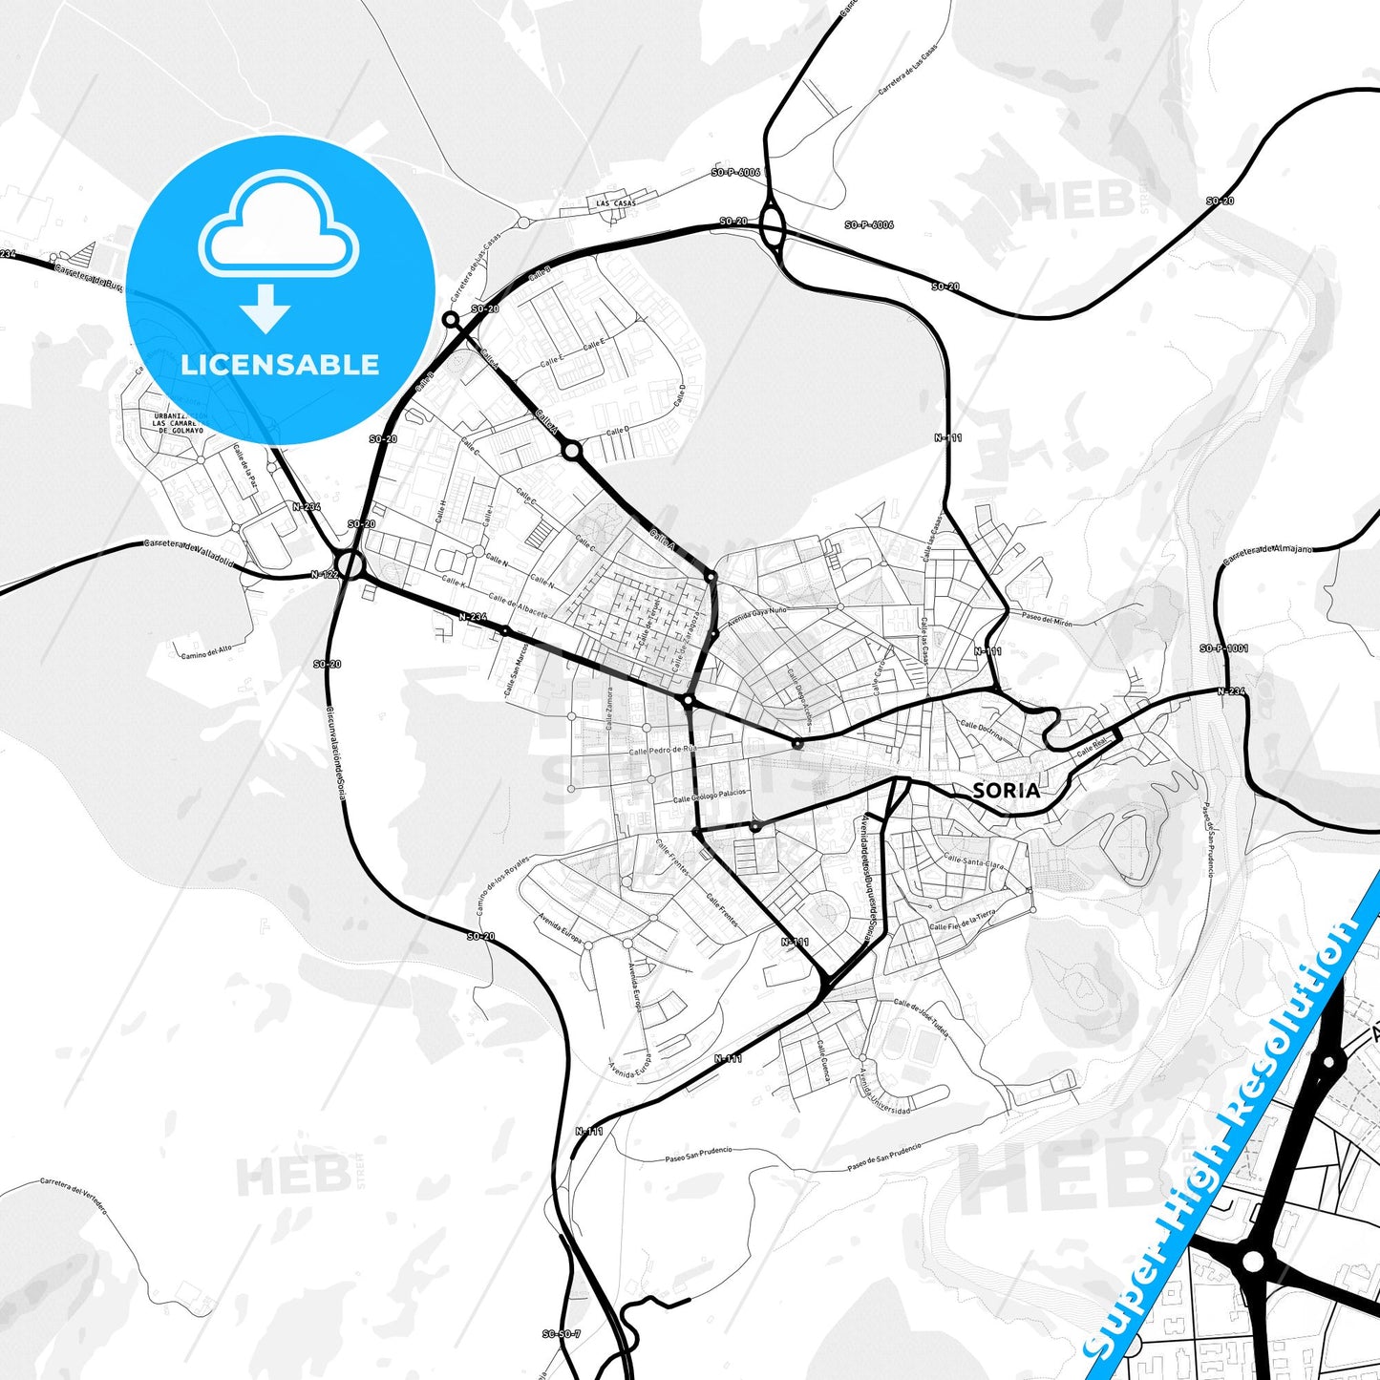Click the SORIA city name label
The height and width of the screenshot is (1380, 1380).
pos(1006,790)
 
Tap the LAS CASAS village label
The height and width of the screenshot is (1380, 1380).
pos(615,203)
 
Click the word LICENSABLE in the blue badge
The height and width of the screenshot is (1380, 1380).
pos(280,364)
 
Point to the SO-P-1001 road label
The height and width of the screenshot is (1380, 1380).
pos(1223,648)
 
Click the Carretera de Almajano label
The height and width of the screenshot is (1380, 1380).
pos(1267,550)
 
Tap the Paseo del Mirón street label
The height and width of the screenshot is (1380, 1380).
pos(1046,621)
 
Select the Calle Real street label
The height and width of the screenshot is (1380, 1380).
pos(1093,749)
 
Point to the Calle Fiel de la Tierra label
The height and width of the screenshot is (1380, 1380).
pos(963,920)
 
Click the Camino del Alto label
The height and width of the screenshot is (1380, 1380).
pos(205,651)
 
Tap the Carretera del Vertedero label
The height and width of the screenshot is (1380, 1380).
pos(74,1195)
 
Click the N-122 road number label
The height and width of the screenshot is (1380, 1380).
pos(325,575)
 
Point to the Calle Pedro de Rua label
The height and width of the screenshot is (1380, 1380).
pos(663,750)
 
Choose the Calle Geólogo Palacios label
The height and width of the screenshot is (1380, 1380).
pos(710,796)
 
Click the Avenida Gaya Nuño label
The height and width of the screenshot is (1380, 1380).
pos(757,617)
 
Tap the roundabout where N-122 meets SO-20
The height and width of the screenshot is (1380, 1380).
pos(350,565)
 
